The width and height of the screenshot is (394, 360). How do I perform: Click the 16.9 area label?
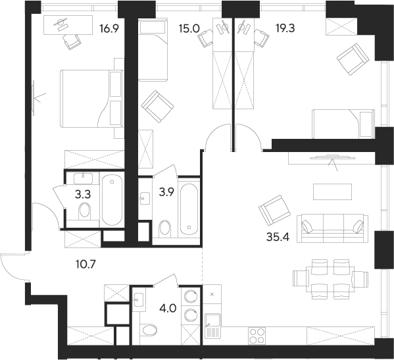[109, 29]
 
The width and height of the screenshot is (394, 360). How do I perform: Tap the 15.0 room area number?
[189, 29]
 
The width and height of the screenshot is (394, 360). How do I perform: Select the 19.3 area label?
[285, 29]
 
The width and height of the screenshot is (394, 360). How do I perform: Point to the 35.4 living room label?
[278, 237]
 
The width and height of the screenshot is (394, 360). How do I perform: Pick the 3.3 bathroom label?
[83, 194]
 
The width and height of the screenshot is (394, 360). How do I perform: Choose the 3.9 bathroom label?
[166, 193]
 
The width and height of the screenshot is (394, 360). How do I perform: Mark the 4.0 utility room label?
[168, 308]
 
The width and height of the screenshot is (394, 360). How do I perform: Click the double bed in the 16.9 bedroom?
[91, 98]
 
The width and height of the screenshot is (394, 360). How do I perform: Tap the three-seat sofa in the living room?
[332, 228]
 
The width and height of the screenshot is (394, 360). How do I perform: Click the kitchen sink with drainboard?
[212, 326]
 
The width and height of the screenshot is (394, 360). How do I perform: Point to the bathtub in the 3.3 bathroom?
[112, 200]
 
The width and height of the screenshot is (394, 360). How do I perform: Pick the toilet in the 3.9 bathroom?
[165, 228]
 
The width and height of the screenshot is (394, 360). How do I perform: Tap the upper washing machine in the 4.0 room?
[191, 296]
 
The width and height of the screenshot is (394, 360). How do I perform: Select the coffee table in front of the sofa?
[332, 192]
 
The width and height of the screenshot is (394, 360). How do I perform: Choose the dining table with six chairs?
[330, 279]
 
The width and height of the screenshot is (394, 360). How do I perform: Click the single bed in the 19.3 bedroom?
[343, 124]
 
